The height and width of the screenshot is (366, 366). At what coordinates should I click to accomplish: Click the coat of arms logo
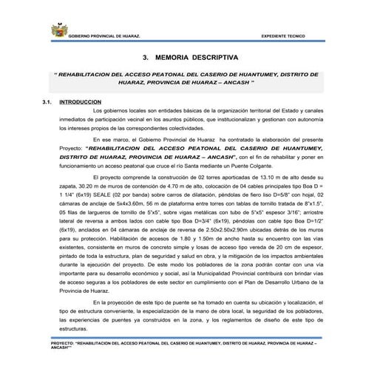click(x=56, y=31)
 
